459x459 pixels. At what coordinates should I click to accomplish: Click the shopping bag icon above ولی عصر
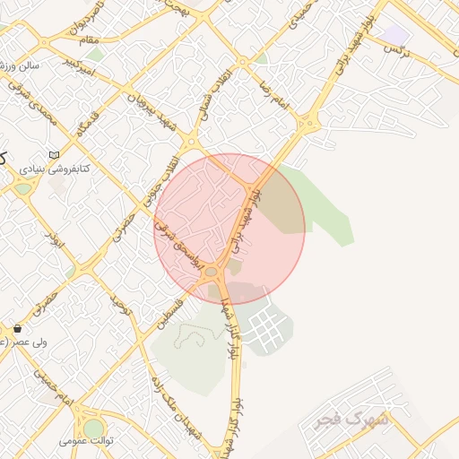tap(17, 328)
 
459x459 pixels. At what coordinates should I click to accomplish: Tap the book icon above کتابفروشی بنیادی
tap(56, 155)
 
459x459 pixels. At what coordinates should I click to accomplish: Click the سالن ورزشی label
tap(18, 65)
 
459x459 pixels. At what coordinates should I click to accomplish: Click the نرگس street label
tap(395, 50)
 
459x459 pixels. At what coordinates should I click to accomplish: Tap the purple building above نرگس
tap(396, 34)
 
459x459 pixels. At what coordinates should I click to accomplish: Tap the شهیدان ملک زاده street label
tap(180, 404)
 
